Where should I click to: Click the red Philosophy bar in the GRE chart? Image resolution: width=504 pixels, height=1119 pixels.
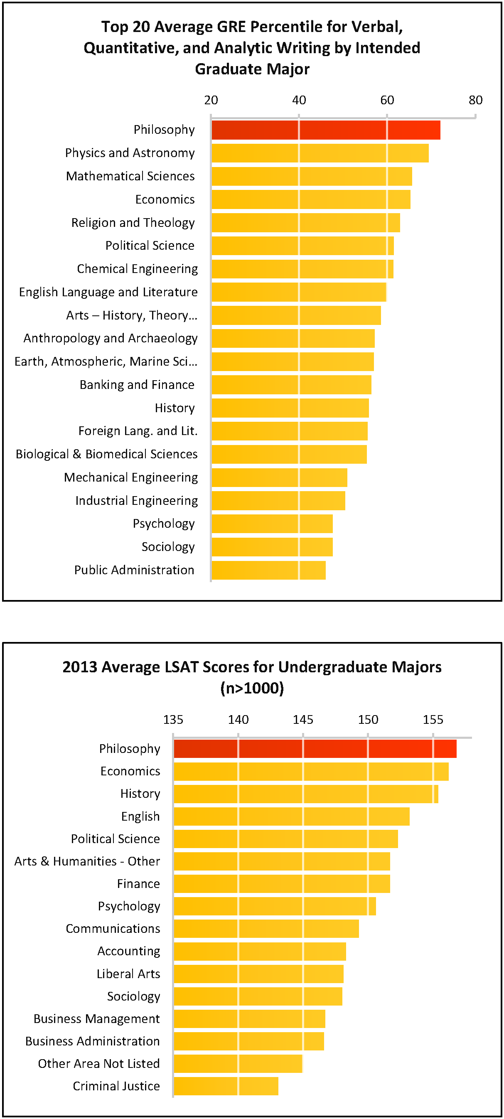click(x=326, y=130)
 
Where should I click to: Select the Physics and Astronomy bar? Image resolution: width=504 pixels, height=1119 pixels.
click(x=320, y=153)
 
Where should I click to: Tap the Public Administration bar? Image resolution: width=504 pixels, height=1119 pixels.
click(x=268, y=570)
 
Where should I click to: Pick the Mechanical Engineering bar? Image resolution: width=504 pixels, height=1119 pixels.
click(x=279, y=477)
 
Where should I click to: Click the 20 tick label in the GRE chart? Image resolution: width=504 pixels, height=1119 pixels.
click(x=211, y=100)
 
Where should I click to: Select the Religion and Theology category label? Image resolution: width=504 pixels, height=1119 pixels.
click(x=133, y=222)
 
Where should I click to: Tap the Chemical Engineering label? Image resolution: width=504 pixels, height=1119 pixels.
click(x=137, y=269)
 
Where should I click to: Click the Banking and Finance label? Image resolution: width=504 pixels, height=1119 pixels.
click(x=137, y=385)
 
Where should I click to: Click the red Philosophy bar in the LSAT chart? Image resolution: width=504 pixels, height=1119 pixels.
click(x=315, y=748)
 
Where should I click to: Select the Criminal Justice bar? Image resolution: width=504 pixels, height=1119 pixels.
click(x=226, y=1086)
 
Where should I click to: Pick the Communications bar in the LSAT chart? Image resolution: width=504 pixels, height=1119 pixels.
click(x=266, y=929)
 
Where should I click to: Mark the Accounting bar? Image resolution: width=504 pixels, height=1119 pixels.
click(x=260, y=951)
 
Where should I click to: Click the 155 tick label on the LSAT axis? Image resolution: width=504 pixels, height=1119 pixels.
click(x=433, y=720)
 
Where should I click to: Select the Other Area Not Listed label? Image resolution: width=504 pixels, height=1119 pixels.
click(x=98, y=1063)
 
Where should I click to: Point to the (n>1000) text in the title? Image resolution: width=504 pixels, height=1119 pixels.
click(x=252, y=688)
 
